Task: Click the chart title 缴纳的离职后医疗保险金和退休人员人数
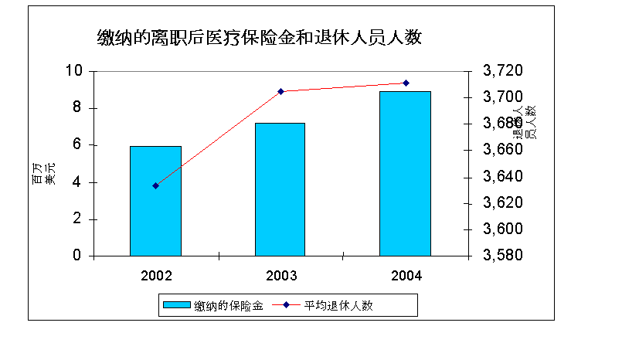tap(259, 37)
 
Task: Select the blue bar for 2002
tap(155, 201)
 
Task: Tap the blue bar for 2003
tap(280, 189)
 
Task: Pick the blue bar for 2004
tap(405, 173)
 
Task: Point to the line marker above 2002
tap(155, 185)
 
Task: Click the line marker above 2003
tap(281, 91)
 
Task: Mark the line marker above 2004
tap(406, 83)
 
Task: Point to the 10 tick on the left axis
tap(73, 71)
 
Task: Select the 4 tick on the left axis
tap(77, 182)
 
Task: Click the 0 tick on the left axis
tap(77, 256)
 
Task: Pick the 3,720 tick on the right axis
tap(503, 71)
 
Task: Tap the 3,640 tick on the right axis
tap(503, 177)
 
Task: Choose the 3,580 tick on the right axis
tap(503, 256)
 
